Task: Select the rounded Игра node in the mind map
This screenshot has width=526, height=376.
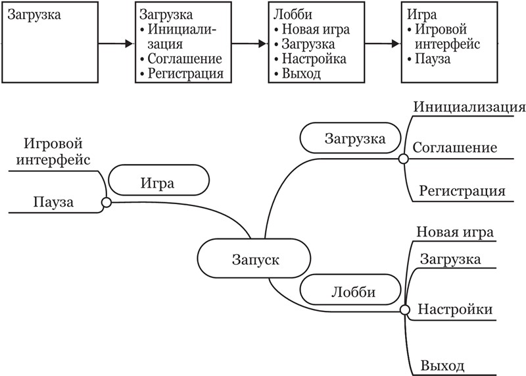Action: tap(158, 183)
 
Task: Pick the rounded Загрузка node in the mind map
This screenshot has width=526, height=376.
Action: tap(354, 139)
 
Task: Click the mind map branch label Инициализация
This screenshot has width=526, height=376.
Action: tap(469, 107)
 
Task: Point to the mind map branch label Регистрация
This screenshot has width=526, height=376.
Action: tap(462, 192)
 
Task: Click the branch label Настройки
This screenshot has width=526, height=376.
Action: tap(456, 309)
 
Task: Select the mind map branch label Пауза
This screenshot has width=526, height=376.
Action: tap(53, 202)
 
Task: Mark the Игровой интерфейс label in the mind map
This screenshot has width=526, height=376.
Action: tap(56, 151)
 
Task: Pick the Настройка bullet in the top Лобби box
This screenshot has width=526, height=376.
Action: tap(313, 59)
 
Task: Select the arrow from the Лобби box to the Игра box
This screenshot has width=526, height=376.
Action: tap(382, 44)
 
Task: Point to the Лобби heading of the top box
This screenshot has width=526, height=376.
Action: tap(288, 14)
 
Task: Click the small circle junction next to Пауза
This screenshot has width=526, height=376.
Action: tap(106, 203)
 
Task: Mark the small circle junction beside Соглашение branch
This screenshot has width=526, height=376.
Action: tap(403, 159)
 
